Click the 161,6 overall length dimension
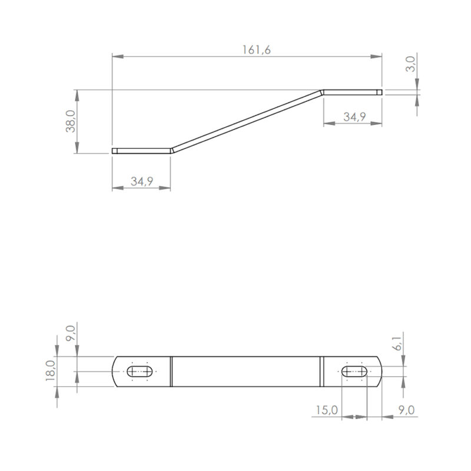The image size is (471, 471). tap(257, 50)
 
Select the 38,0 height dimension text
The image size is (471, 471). tap(71, 121)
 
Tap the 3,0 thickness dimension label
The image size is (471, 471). tap(410, 64)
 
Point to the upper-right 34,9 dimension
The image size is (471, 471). tap(354, 117)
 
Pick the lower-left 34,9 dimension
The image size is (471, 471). tap(142, 181)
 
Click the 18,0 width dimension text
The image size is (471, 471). tap(51, 370)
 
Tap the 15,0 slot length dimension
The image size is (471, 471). tap(327, 410)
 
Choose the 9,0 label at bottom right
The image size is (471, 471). tap(406, 410)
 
